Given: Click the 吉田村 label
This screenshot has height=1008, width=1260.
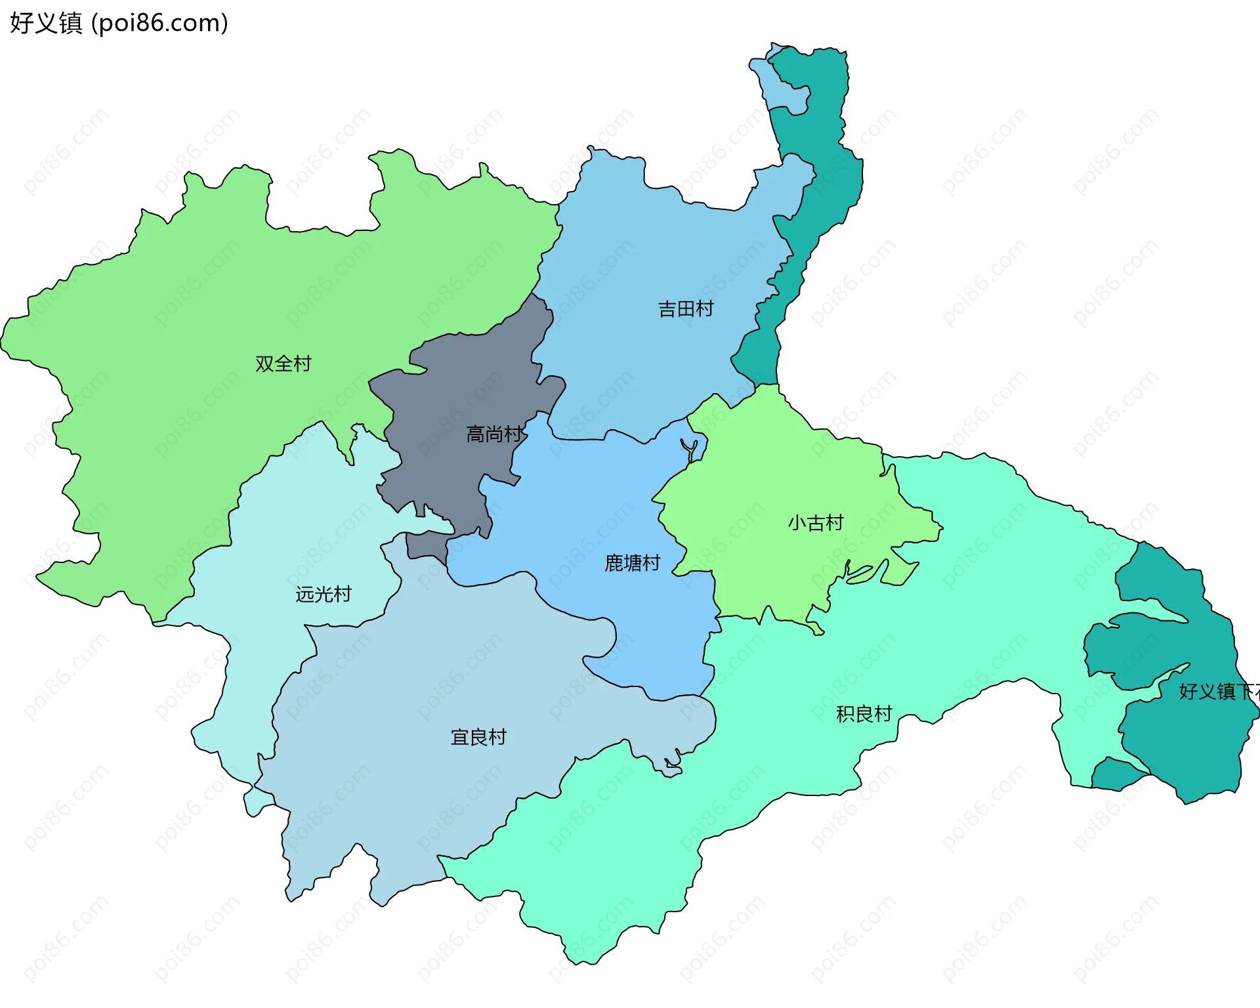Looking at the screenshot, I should tap(686, 308).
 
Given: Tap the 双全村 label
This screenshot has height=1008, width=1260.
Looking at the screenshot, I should tap(283, 364).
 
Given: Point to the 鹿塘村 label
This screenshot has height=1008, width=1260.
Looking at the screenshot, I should tap(632, 563).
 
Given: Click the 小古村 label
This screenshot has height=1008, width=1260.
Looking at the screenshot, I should tap(815, 523).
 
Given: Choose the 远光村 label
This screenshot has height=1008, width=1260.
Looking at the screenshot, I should tap(324, 595).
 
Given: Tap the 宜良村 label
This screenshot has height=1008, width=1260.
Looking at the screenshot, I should tap(478, 737).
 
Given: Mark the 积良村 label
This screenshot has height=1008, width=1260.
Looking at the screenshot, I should tap(864, 714).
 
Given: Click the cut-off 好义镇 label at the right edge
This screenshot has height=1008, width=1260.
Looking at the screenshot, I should tap(1218, 692).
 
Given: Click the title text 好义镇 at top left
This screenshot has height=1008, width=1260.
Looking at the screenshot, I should tap(46, 23).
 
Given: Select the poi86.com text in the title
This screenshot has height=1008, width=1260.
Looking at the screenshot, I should tap(159, 23).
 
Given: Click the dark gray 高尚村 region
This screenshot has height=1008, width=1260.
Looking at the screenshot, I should tap(459, 394).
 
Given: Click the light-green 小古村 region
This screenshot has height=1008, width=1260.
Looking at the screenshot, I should tap(774, 472).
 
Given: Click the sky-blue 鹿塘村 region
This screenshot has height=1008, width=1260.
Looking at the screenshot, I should tap(591, 512).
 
